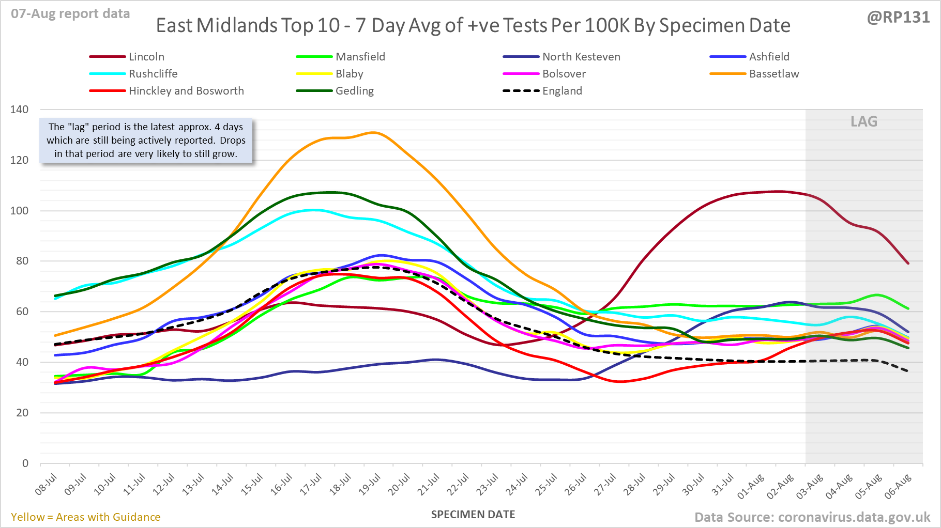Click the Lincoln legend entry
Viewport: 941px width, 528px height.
coord(146,57)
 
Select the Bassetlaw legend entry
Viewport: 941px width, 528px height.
coord(773,74)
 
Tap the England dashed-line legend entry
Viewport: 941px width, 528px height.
coord(561,91)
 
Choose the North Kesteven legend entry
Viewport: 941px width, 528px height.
coord(581,57)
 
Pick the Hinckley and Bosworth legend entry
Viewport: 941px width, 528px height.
coord(186,91)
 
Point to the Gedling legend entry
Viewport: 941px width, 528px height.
coord(354,91)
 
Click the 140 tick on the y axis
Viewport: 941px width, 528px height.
coord(20,110)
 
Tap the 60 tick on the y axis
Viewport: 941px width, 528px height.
coord(22,312)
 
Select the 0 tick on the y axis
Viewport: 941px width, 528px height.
coord(25,463)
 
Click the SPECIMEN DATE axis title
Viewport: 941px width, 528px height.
coord(473,515)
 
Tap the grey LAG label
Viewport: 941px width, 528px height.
coord(864,121)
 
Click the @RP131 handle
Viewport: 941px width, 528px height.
coord(898,17)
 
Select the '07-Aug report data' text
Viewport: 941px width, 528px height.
coord(70,14)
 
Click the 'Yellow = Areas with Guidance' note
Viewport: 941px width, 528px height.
coord(86,517)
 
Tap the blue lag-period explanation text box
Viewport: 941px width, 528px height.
coord(146,141)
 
